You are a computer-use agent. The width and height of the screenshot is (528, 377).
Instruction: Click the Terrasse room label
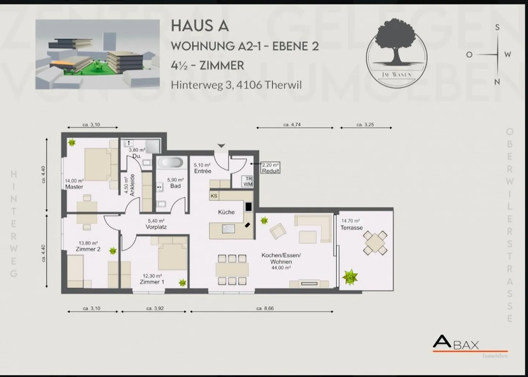click(351, 228)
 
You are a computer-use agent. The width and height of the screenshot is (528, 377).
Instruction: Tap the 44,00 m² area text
click(281, 268)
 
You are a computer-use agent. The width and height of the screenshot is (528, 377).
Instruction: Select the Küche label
click(226, 212)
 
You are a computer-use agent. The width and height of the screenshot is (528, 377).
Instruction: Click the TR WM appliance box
click(248, 181)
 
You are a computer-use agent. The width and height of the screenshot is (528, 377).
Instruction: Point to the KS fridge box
click(214, 196)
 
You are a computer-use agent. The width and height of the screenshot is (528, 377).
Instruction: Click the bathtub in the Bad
click(170, 162)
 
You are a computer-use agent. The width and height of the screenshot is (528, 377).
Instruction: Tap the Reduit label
click(271, 171)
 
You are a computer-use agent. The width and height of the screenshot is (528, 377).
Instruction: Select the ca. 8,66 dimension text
click(265, 308)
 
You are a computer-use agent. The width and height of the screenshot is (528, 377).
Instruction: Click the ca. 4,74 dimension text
click(292, 125)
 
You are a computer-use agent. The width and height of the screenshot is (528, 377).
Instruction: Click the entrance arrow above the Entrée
click(221, 146)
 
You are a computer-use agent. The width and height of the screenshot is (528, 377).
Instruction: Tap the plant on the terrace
click(349, 277)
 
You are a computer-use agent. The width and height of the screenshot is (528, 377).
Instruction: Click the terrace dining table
click(375, 243)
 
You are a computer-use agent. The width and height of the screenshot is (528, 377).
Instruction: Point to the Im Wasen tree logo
click(396, 53)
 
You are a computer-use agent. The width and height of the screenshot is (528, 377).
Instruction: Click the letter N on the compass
click(497, 82)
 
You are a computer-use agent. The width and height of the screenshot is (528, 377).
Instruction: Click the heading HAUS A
click(200, 26)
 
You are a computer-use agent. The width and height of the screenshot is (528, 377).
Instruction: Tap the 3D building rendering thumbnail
click(98, 54)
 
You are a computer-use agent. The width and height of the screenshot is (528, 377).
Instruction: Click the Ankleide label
click(133, 185)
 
